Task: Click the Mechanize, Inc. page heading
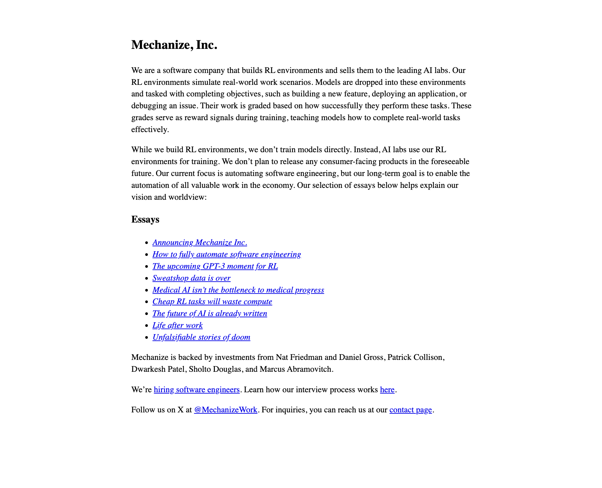(174, 45)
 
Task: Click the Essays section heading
(145, 220)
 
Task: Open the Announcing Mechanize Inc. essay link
(199, 243)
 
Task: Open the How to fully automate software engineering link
(226, 255)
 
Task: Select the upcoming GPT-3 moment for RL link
(215, 266)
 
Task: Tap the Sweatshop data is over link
(191, 278)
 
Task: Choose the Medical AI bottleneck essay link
(238, 290)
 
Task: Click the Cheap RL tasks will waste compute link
(212, 302)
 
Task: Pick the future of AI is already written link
(210, 314)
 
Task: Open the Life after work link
(177, 326)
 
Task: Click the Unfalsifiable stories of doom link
(201, 337)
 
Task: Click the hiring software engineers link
(196, 390)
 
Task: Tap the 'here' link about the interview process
(387, 390)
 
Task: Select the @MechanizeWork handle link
(225, 410)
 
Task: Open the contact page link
(410, 410)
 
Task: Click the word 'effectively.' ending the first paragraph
(150, 129)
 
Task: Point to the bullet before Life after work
(147, 326)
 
